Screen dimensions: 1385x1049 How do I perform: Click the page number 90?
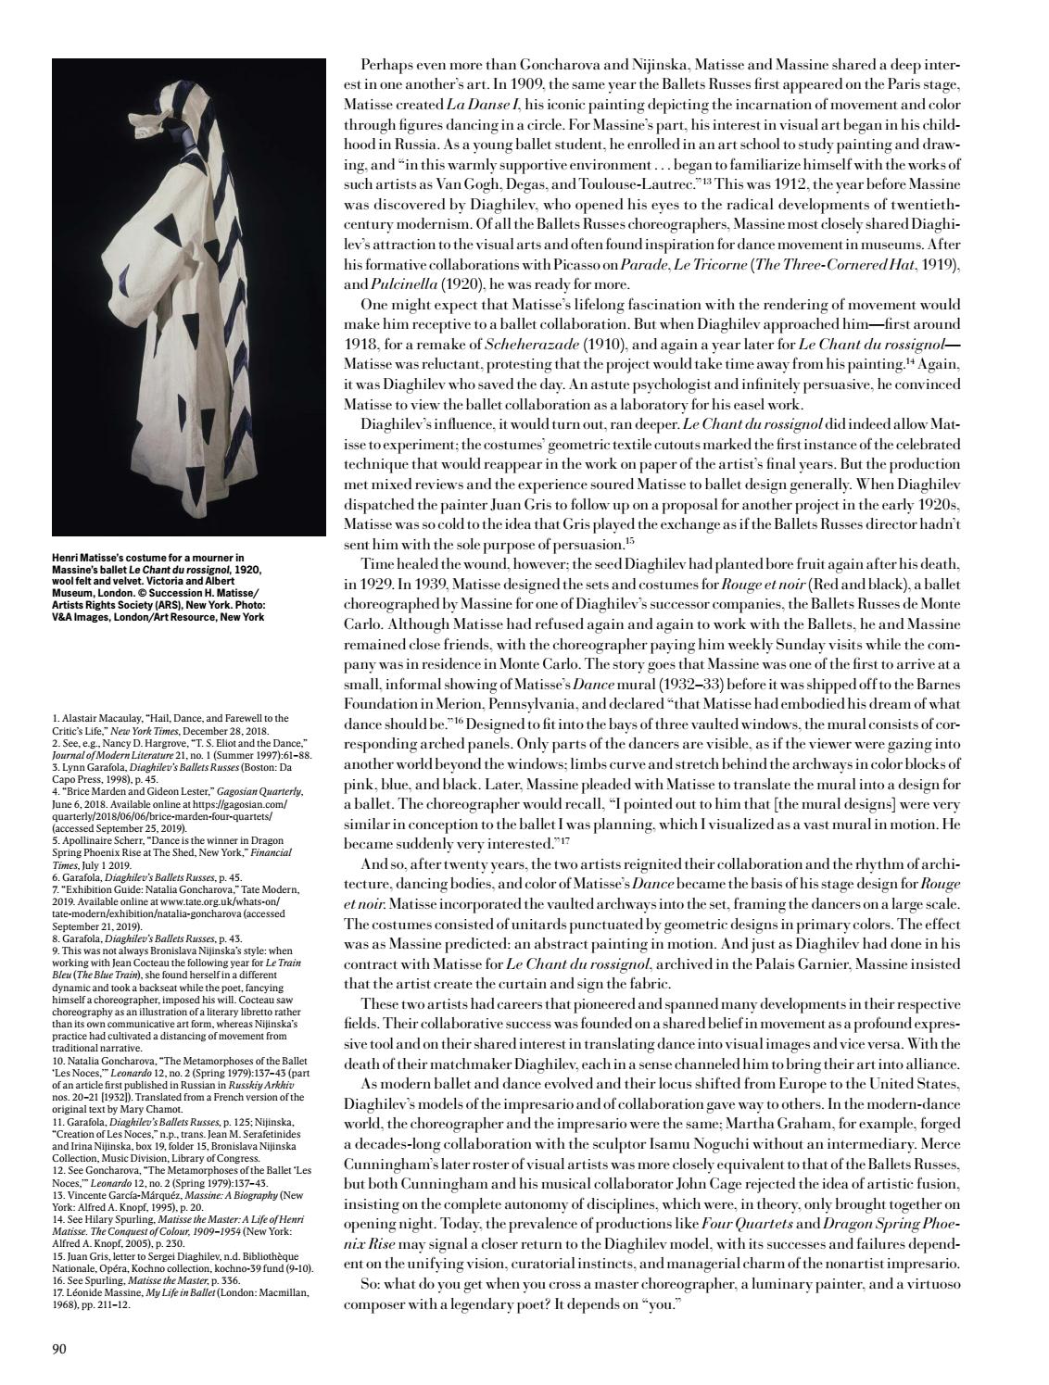59,1348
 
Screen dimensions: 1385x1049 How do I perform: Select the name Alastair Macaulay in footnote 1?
103,718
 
